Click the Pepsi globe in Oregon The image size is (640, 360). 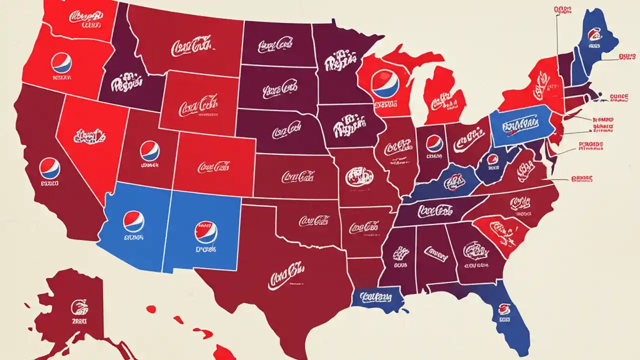pos(61,63)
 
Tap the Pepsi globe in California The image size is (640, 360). pos(49,168)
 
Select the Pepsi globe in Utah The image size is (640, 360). pos(149,150)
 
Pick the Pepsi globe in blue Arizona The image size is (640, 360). pos(133,221)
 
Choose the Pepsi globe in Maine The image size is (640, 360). pos(595,34)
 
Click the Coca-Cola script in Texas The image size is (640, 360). pos(285,275)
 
